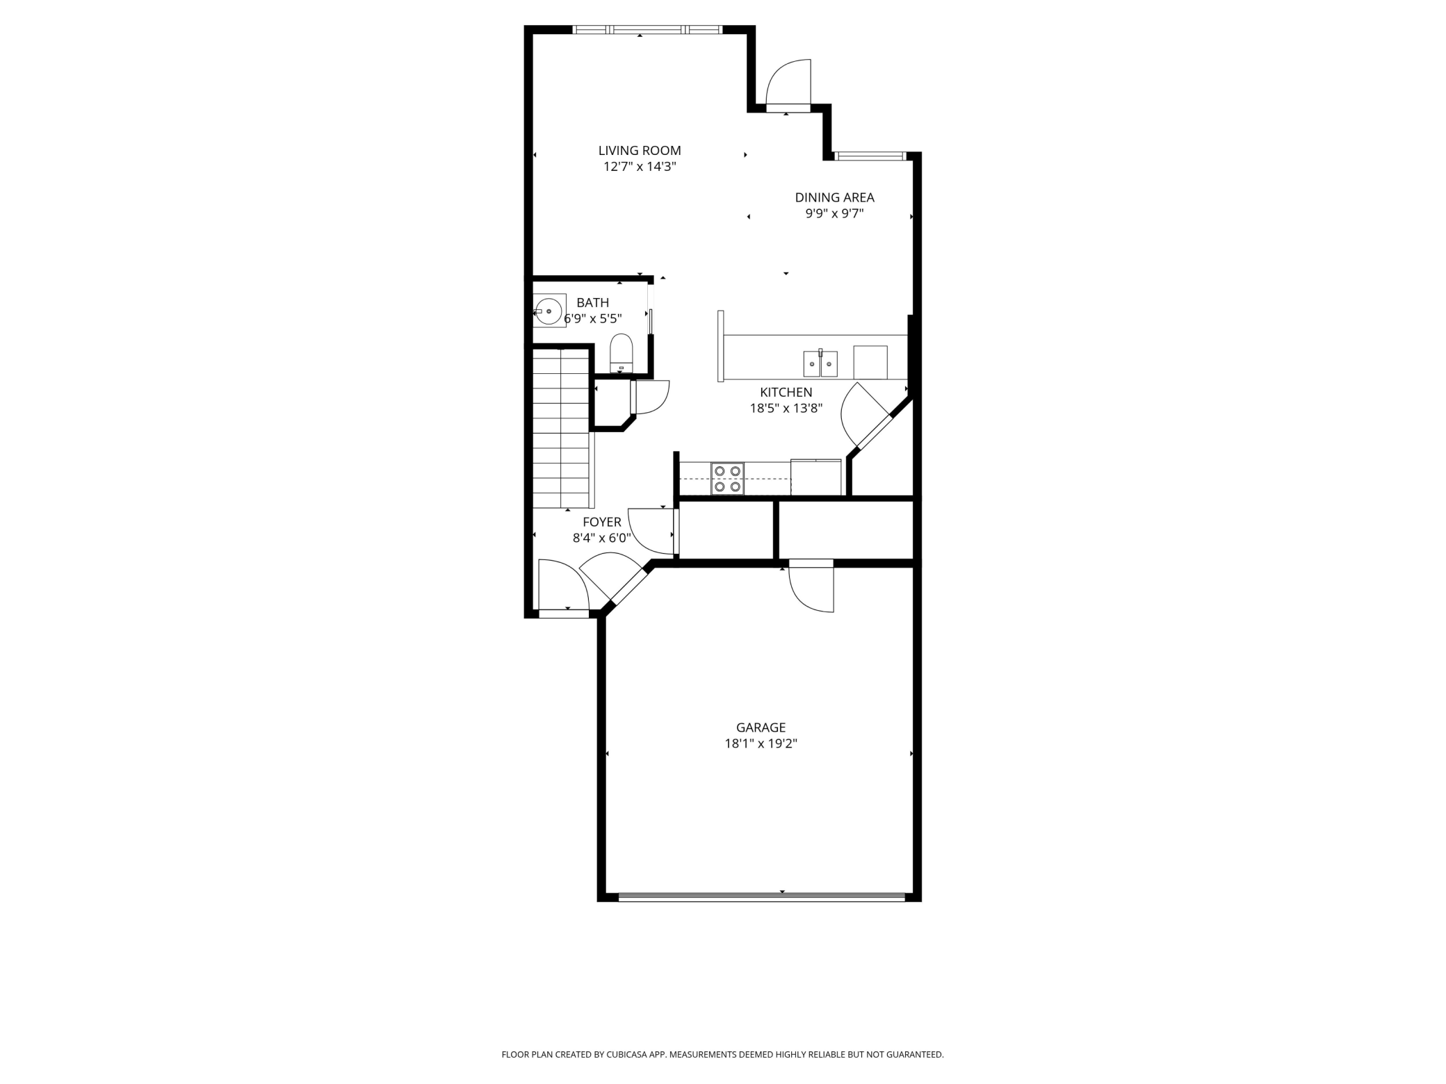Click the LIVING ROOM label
(640, 150)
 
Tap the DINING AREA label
(834, 197)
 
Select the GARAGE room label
(761, 728)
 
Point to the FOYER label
(602, 522)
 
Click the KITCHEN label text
(786, 392)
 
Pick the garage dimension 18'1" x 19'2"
(761, 744)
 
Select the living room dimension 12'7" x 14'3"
(640, 166)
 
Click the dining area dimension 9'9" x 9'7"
(834, 213)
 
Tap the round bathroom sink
(549, 311)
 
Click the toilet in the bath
(621, 353)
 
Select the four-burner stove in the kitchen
(727, 479)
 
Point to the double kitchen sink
(820, 363)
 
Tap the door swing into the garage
(811, 586)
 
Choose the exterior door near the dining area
(788, 85)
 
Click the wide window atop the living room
(647, 30)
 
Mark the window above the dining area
(871, 156)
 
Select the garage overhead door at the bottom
(762, 897)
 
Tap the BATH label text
(592, 302)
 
